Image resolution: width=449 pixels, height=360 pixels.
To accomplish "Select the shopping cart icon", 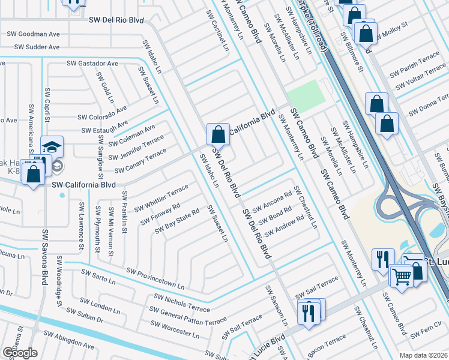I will point(401,275).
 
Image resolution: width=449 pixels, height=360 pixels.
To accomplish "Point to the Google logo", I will point(20,353).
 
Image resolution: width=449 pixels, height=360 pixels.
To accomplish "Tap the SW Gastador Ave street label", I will point(92,63).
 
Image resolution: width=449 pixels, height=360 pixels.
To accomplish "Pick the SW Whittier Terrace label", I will point(161,198).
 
